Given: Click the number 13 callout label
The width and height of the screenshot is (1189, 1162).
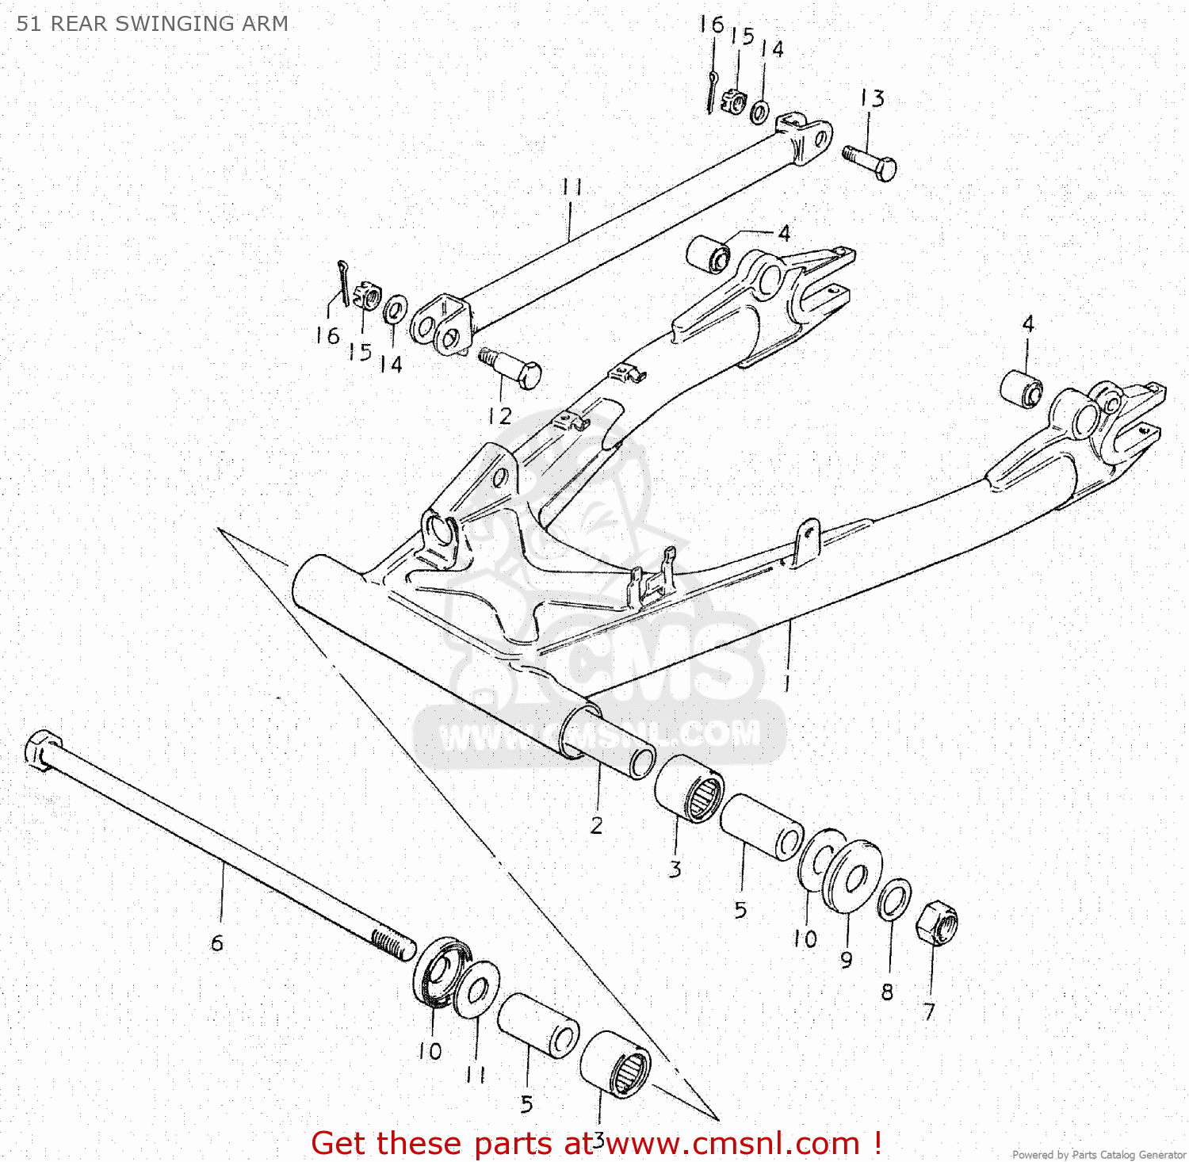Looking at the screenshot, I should coord(872,98).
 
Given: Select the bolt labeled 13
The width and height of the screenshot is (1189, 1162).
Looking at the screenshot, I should coord(870,162).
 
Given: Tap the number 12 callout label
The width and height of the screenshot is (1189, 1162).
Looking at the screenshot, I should coord(499,415).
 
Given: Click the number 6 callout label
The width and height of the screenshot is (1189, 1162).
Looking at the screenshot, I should coord(216,942).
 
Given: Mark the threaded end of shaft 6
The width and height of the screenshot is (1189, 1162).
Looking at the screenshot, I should coord(394,944).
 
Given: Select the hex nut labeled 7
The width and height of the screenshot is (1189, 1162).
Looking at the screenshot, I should coord(936,923).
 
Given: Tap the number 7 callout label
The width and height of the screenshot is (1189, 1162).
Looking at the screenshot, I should coord(929,1011).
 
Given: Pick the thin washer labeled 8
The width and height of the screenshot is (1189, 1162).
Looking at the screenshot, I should coord(894,900).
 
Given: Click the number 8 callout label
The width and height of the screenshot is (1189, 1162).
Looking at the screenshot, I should coord(887,992).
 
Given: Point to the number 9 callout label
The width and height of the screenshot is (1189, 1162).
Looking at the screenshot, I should coord(846,960).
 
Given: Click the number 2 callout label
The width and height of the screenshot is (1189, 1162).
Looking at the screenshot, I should coord(596,825).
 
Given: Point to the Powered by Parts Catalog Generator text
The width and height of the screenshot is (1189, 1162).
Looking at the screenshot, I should coord(1099,1154).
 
